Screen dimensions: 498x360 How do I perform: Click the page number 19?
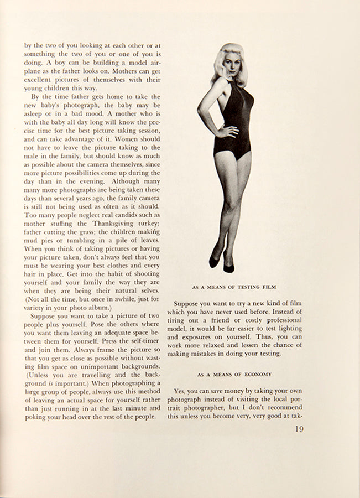(298, 429)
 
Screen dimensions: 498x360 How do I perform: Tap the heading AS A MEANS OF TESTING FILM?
(234, 287)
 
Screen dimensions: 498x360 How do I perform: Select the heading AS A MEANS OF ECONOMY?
(234, 373)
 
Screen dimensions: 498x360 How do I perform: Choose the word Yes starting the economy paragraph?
(180, 391)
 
